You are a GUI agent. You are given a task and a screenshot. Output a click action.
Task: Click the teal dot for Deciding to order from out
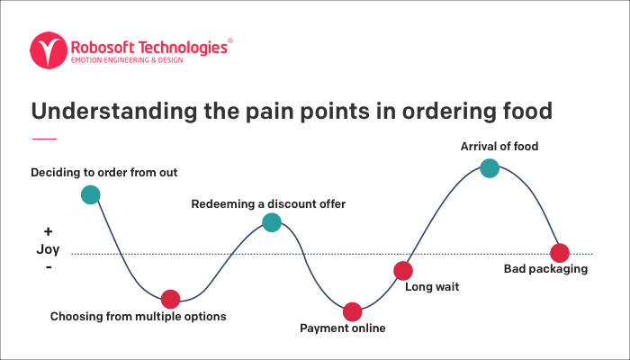(x=90, y=195)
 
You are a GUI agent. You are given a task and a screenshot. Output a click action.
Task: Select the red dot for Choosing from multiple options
(x=170, y=300)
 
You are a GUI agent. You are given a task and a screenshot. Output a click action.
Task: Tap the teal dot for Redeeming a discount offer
(x=272, y=222)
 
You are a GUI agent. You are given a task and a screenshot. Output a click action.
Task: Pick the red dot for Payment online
(x=353, y=311)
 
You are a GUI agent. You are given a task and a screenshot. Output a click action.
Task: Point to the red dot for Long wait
(x=403, y=271)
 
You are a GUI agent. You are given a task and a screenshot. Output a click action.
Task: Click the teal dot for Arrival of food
(x=490, y=168)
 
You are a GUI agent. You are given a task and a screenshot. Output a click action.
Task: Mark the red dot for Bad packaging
(x=560, y=253)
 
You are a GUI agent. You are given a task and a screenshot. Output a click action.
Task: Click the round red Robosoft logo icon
(x=49, y=50)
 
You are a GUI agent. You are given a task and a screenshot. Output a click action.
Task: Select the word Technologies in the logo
(x=183, y=48)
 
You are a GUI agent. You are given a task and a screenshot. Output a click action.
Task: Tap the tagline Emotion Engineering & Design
(x=127, y=60)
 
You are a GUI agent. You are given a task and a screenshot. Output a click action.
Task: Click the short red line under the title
(x=44, y=139)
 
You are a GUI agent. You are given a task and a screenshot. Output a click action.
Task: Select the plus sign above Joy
(x=48, y=231)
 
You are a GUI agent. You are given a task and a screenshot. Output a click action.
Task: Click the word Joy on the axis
(x=48, y=249)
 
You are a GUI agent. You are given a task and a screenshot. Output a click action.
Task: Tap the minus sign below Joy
(x=49, y=266)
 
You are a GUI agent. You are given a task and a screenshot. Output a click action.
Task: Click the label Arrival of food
(x=499, y=146)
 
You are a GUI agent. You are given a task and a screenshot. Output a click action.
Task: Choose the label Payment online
(x=343, y=328)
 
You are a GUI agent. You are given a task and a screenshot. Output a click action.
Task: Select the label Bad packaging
(x=545, y=269)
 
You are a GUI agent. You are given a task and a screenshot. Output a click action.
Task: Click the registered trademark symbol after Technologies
(x=230, y=40)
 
